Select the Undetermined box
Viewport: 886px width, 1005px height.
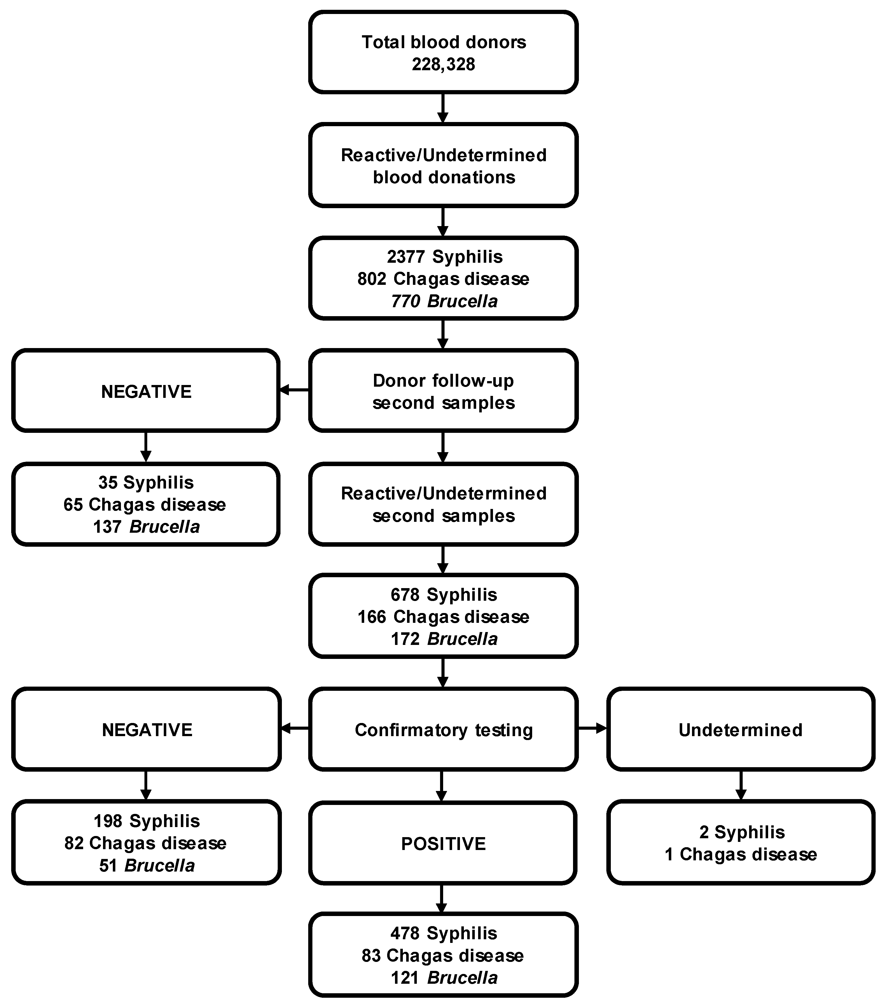point(740,730)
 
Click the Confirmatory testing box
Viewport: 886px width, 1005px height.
point(443,730)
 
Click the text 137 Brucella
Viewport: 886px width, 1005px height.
point(146,527)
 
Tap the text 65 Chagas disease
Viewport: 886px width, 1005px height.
point(145,504)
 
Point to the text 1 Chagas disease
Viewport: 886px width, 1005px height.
point(740,854)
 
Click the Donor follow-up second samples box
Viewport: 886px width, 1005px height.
point(443,391)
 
